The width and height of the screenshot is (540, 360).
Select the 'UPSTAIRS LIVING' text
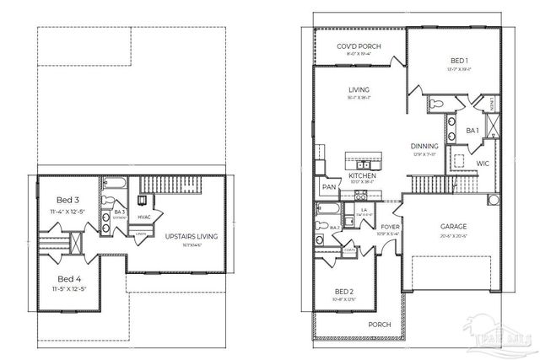click(x=192, y=236)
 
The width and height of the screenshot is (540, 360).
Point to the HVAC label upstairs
click(x=144, y=218)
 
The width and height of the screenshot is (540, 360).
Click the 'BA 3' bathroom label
click(x=119, y=212)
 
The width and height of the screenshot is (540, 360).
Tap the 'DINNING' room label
click(x=424, y=146)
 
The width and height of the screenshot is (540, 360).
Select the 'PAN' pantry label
click(x=326, y=187)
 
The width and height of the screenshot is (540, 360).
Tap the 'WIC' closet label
click(x=483, y=162)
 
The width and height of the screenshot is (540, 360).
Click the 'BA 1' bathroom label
click(x=472, y=132)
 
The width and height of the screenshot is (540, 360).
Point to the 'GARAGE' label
click(x=455, y=227)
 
